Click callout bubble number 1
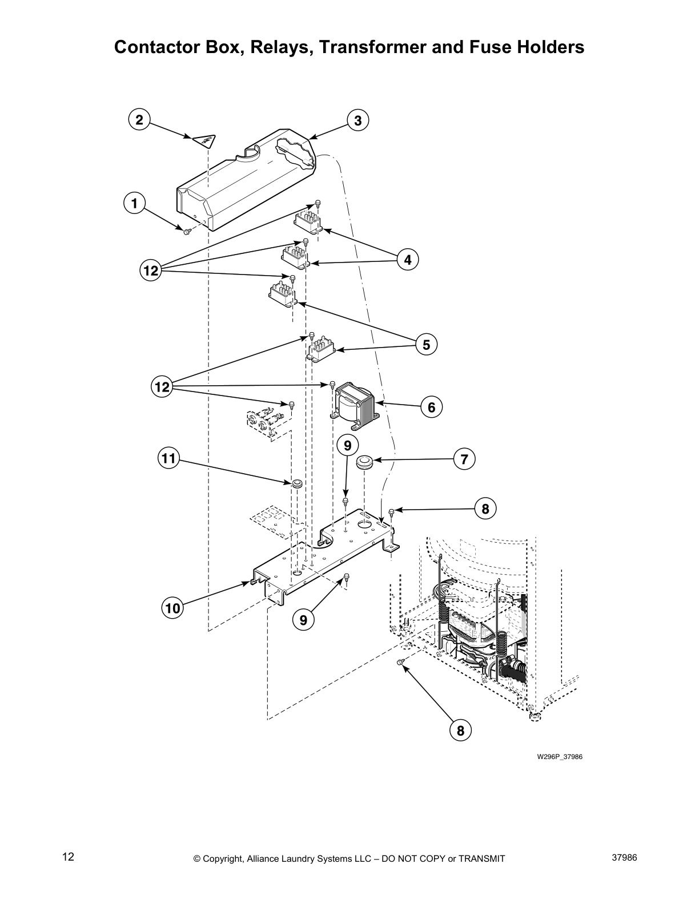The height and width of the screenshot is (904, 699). point(134,203)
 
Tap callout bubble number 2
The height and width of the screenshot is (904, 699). point(139,119)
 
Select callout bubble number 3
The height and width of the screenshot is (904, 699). point(358,120)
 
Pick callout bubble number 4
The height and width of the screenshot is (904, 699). point(408,260)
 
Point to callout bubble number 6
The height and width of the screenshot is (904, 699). point(431,407)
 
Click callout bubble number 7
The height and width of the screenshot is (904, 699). point(464,459)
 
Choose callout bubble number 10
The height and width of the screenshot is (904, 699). point(172,608)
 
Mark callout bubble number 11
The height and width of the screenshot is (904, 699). point(168,458)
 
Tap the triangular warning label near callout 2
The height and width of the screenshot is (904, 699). point(204,139)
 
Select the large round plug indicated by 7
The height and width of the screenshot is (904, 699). point(364,461)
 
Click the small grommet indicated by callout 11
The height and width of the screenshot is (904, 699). point(296,485)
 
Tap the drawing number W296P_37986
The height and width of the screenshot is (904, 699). point(559,757)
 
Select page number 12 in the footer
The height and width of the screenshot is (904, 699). point(68,857)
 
